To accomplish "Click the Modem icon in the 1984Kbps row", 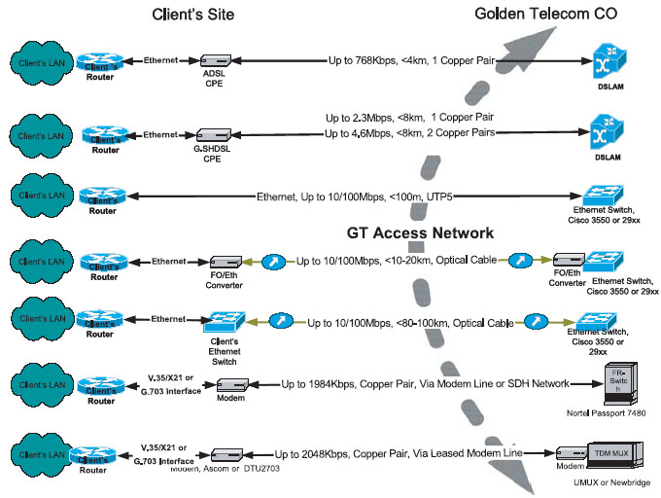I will pos(234,384).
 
